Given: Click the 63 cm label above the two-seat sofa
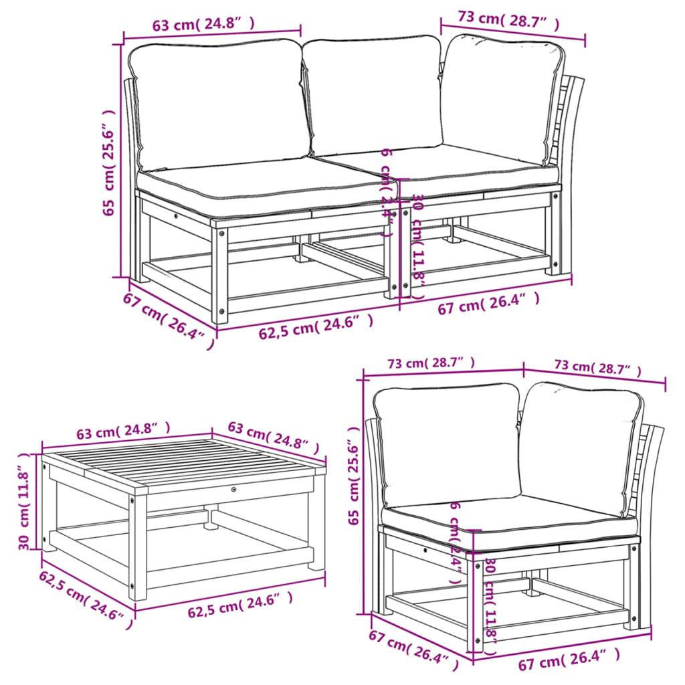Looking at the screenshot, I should pos(204,25).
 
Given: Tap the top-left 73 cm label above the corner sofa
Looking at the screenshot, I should pos(431,363).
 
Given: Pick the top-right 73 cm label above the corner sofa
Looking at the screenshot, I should pos(597,367).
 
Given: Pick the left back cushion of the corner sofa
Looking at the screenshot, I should pos(446,442).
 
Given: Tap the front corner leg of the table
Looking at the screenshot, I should pos(138,549).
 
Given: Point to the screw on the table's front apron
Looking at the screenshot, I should pos(233,490).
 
